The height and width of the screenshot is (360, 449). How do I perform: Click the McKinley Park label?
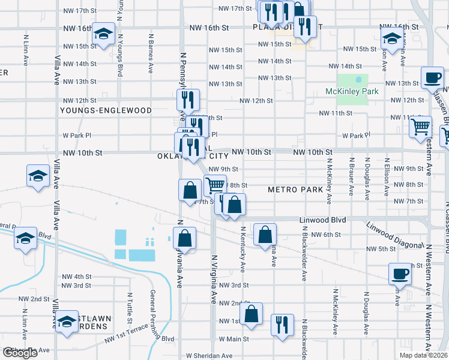pos(352,91)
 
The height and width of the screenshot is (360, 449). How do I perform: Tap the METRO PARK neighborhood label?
pos(295,190)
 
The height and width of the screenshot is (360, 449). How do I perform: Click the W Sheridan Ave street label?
pos(209,356)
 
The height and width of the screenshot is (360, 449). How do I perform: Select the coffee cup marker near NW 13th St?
pos(432,77)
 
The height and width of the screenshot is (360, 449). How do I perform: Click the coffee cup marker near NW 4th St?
pos(400,274)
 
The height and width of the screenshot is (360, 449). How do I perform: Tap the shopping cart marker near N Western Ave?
pos(420,127)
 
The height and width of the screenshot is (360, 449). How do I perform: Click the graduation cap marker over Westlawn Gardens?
pos(67,321)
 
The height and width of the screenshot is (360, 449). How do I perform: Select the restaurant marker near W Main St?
pos(282,325)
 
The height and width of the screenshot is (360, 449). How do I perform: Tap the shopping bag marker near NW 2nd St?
pos(252,313)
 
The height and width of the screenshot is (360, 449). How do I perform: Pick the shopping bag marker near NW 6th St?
pos(265,235)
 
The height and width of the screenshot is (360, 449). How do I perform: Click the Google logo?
pos(20,353)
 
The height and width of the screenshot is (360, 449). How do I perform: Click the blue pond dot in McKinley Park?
pos(359,79)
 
